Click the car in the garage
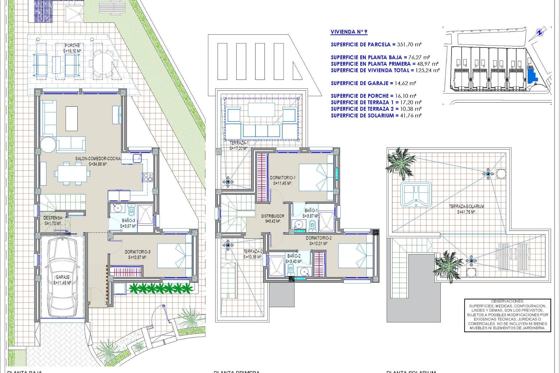pyautogui.click(x=62, y=277)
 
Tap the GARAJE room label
pyautogui.click(x=62, y=277)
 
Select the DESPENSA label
pyautogui.click(x=53, y=218)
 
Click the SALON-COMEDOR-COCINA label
pyautogui.click(x=98, y=159)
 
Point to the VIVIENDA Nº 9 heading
pyautogui.click(x=349, y=32)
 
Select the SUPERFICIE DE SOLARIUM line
pyautogui.click(x=376, y=115)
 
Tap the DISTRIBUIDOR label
pyautogui.click(x=272, y=216)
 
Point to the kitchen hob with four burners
pyautogui.click(x=148, y=177)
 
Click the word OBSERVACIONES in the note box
pyautogui.click(x=507, y=301)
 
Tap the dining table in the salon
pyautogui.click(x=72, y=174)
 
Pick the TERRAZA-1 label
pyautogui.click(x=239, y=143)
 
